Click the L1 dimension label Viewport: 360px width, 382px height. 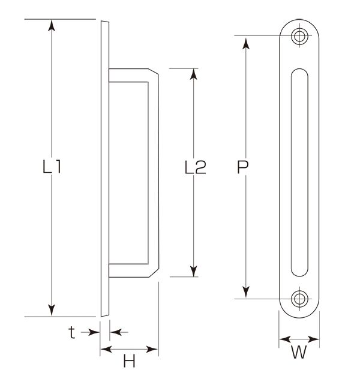52,166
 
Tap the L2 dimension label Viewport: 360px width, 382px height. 196,167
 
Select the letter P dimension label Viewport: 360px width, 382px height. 243,167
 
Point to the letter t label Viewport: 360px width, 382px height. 71,333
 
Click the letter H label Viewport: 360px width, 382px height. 129,361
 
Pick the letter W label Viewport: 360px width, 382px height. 299,352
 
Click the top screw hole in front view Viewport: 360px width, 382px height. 299,36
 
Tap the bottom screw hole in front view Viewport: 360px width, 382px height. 299,299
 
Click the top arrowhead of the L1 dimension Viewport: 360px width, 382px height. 52,25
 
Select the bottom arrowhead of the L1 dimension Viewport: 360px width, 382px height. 52,311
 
